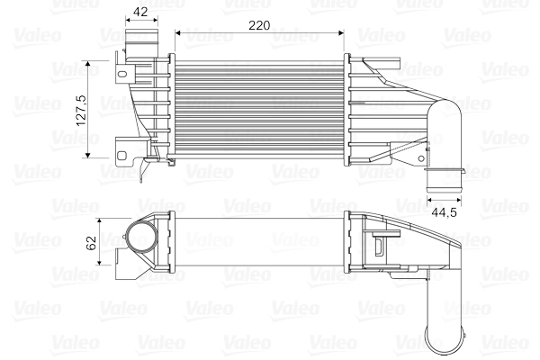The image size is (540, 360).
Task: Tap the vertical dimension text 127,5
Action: (80, 110)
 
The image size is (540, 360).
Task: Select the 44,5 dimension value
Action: (444, 212)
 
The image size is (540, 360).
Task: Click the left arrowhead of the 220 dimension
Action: (180, 33)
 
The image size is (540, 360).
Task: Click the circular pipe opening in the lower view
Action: (140, 240)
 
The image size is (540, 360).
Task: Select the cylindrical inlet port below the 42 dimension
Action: (139, 41)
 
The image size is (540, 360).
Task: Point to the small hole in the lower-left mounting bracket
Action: (121, 144)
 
